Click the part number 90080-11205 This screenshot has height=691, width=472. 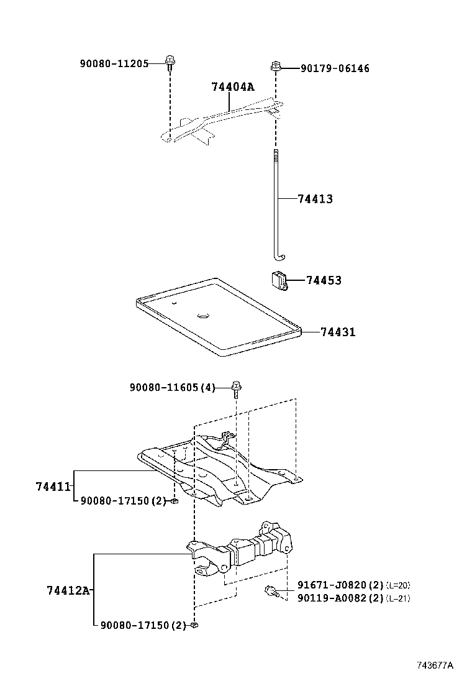point(114,63)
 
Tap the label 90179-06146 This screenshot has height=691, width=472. point(335,68)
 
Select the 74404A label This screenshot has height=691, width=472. point(233,87)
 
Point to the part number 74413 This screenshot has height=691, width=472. point(315,199)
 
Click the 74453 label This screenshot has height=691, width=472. point(324,281)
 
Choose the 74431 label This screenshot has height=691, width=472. point(338,332)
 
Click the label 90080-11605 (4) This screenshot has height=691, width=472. point(172,388)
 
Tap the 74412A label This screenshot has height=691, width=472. point(68,590)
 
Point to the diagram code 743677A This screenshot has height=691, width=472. point(435,666)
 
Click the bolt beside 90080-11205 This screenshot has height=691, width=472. point(169,60)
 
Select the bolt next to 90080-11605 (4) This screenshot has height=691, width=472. point(236,388)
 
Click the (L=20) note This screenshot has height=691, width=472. point(398,585)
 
